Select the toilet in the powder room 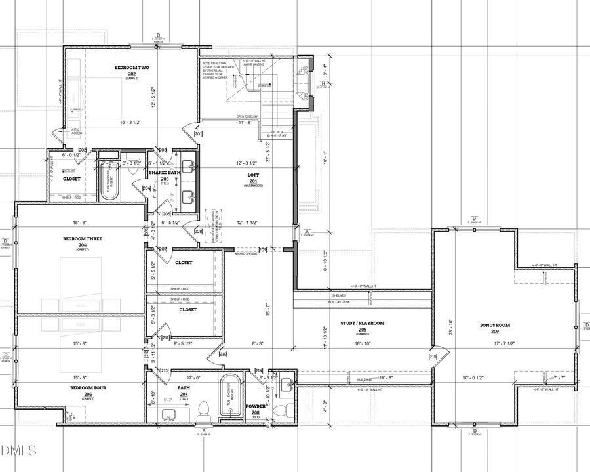click(x=280, y=412)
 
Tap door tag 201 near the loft click(x=198, y=134)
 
